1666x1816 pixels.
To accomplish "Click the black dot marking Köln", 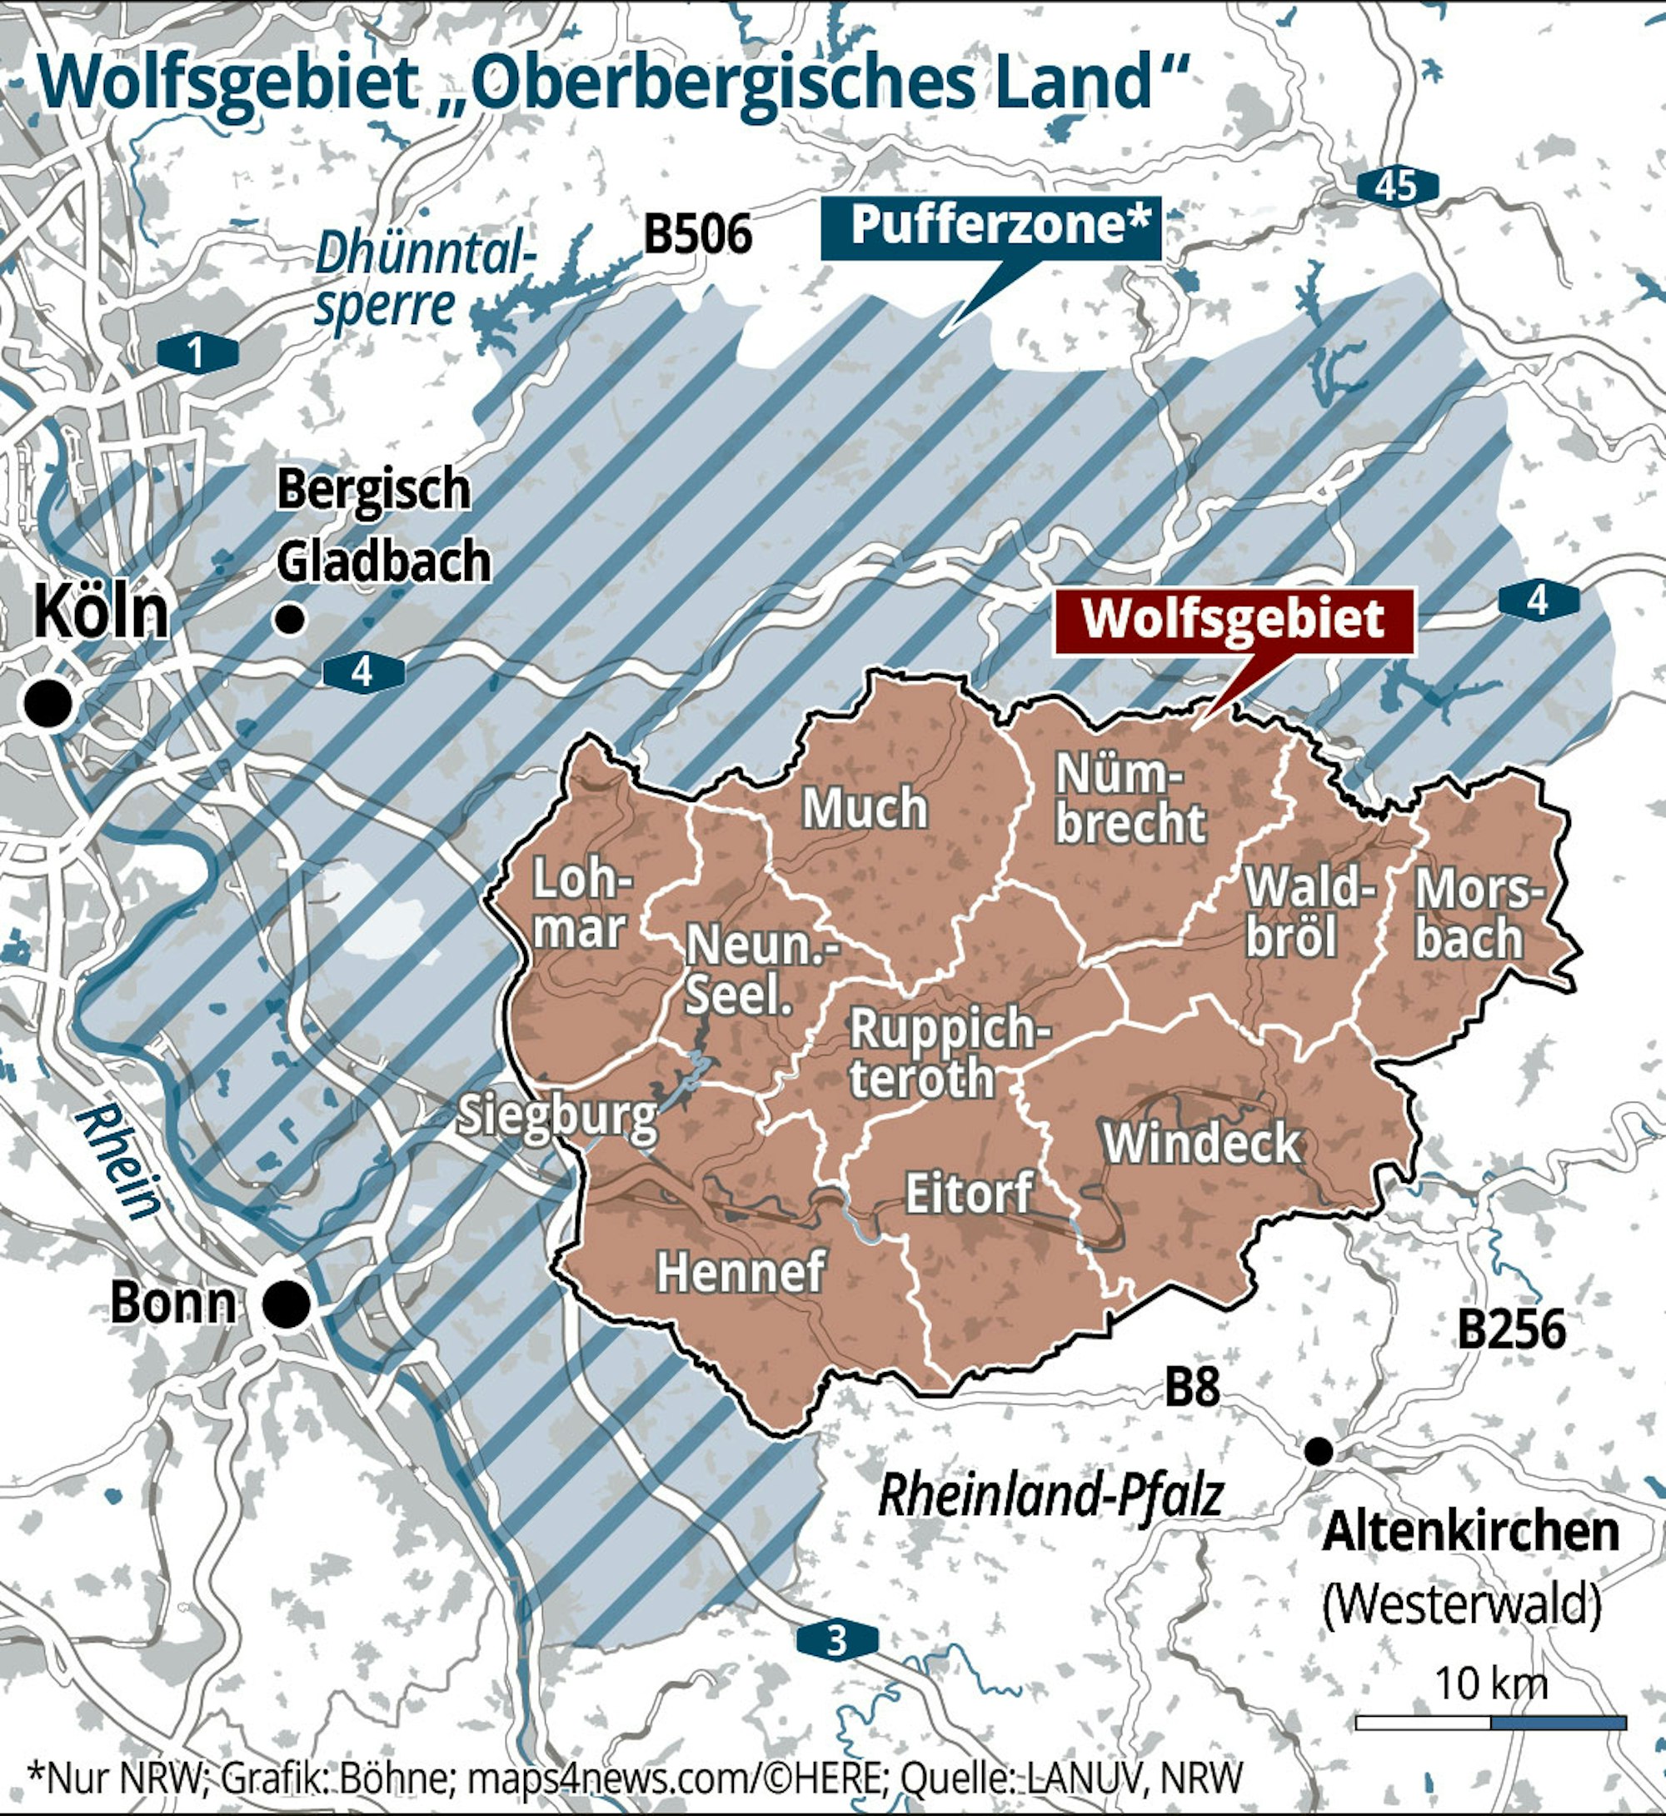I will [48, 703].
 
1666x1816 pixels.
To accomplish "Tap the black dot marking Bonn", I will [287, 1303].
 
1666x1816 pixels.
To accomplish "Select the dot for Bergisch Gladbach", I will [289, 620].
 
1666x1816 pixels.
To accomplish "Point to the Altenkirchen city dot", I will [1318, 1451].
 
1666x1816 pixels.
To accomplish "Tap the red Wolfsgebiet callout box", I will [1234, 621].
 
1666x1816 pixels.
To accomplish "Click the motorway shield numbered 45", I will [1396, 187].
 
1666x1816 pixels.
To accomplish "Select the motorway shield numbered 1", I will [197, 352].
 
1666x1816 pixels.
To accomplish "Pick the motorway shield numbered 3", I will [836, 1640].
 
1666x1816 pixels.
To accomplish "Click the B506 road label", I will [697, 236].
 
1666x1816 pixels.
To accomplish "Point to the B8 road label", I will [1192, 1388].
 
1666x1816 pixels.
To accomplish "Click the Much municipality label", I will [864, 808].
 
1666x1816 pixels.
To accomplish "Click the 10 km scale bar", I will [1490, 1722].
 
